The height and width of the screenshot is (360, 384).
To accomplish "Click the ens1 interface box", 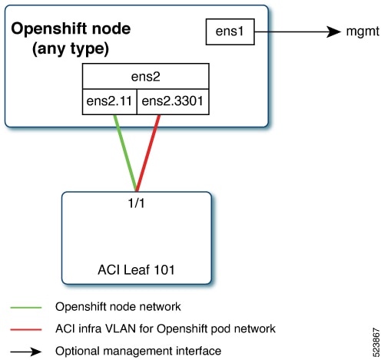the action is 230,31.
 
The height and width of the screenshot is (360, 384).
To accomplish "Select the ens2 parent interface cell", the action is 146,76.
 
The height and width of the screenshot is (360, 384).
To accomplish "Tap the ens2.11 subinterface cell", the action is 110,101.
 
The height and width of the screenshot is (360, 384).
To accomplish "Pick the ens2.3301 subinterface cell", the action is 173,101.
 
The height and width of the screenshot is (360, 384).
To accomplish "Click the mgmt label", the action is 362,31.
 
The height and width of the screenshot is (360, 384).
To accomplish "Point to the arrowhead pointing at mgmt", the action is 334,31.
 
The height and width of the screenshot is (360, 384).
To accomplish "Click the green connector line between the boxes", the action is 125,153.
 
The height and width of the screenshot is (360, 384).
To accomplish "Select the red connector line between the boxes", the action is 148,153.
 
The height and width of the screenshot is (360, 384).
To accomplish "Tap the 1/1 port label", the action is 136,203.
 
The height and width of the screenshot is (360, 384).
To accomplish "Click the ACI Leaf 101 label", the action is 136,269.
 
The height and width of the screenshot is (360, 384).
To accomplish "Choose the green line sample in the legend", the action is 26,307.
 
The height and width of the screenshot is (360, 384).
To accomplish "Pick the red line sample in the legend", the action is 26,329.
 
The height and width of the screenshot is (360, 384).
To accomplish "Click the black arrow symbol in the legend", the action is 26,352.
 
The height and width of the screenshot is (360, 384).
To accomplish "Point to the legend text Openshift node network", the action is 118,306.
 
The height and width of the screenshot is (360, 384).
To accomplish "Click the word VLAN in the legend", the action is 119,329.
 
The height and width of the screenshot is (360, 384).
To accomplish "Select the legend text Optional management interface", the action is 138,351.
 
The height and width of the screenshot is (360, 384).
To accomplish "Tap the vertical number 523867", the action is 376,342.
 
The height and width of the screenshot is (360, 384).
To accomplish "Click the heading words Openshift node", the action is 71,28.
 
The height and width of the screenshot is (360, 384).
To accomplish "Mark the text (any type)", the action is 71,48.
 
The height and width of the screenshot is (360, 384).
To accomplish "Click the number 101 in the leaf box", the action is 164,269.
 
